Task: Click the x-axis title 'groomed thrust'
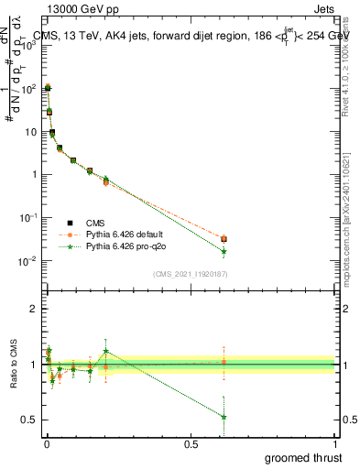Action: (303, 456)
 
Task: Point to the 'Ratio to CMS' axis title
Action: (12, 364)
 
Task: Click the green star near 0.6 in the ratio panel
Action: (224, 417)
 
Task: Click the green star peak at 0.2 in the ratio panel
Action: (106, 351)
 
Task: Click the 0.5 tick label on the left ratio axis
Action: (29, 420)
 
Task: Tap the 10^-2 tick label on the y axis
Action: (27, 261)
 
